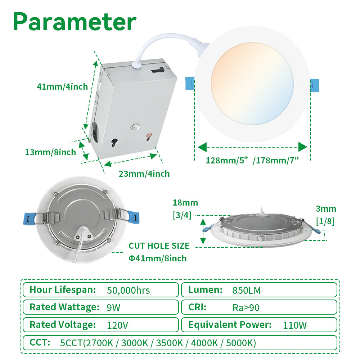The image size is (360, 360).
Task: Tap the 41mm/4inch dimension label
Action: tap(62, 86)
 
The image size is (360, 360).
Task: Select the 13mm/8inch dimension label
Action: tap(50, 152)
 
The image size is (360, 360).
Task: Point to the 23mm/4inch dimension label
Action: tap(144, 174)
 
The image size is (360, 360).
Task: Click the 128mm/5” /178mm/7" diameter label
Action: tap(252, 161)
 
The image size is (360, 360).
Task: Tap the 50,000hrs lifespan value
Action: tap(128, 290)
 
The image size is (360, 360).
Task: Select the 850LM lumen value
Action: tap(247, 290)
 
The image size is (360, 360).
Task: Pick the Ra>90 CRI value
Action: tap(246, 308)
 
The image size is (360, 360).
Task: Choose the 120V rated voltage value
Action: tap(117, 325)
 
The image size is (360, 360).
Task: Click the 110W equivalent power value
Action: tap(295, 325)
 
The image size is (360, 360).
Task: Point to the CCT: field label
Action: tap(40, 342)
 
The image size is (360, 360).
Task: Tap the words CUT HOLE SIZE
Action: tap(159, 246)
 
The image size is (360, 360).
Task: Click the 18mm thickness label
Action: tap(185, 203)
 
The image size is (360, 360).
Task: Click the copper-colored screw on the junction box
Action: tap(148, 137)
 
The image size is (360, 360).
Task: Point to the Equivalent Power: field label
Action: tap(230, 325)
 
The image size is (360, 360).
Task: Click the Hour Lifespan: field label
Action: tap(63, 289)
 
